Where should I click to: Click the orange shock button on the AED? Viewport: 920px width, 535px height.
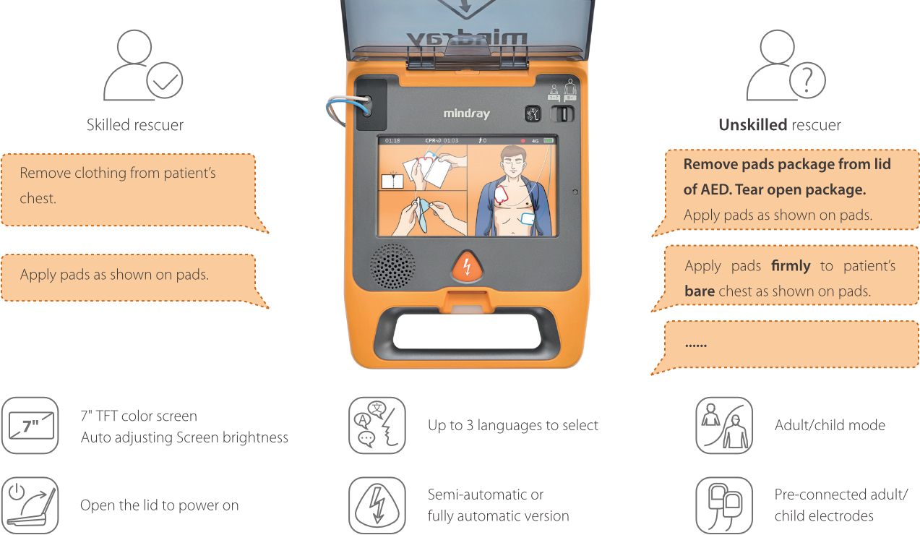pyautogui.click(x=467, y=267)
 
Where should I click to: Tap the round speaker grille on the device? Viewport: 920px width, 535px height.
pyautogui.click(x=392, y=266)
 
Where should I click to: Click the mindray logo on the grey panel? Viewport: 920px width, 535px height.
pyautogui.click(x=467, y=114)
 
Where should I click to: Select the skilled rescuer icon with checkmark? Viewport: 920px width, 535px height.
pyautogui.click(x=143, y=65)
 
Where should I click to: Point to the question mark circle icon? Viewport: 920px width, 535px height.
pyautogui.click(x=807, y=80)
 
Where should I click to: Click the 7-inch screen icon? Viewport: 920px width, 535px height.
pyautogui.click(x=30, y=425)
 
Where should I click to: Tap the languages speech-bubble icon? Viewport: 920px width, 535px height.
pyautogui.click(x=377, y=425)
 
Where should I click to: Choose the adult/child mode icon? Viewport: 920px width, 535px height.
pyautogui.click(x=724, y=425)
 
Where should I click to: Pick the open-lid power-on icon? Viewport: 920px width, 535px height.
pyautogui.click(x=30, y=505)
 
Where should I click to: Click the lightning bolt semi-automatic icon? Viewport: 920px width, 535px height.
pyautogui.click(x=377, y=505)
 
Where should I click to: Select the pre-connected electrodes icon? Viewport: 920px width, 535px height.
pyautogui.click(x=724, y=505)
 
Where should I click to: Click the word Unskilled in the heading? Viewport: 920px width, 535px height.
pyautogui.click(x=752, y=124)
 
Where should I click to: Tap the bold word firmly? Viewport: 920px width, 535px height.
pyautogui.click(x=791, y=266)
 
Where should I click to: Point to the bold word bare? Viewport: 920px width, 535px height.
pyautogui.click(x=700, y=291)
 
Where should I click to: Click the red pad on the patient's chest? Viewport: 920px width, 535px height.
pyautogui.click(x=502, y=196)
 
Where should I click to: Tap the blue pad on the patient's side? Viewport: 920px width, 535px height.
pyautogui.click(x=528, y=218)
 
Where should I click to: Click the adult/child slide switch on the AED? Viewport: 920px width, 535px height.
pyautogui.click(x=562, y=114)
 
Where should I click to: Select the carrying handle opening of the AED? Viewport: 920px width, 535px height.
pyautogui.click(x=467, y=332)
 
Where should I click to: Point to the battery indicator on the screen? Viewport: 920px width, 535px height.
pyautogui.click(x=549, y=140)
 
